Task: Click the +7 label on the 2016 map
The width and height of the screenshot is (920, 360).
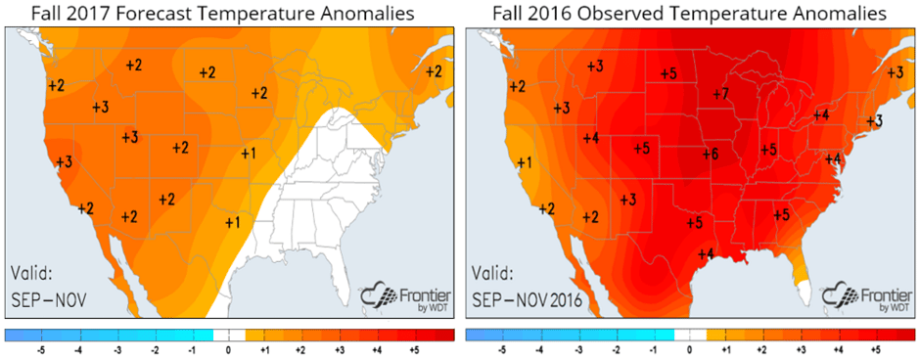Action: point(721,94)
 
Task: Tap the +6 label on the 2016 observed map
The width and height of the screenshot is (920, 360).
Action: point(710,154)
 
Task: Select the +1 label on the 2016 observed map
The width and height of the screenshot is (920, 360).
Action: point(525,162)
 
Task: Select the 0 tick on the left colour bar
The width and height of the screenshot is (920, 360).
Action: point(229,347)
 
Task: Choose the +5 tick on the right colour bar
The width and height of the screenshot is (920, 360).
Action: point(876,347)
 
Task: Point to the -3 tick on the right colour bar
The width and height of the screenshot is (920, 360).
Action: point(578,347)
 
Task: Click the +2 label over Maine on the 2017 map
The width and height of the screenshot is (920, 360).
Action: point(434,71)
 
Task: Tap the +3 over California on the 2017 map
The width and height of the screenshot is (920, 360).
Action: point(64,162)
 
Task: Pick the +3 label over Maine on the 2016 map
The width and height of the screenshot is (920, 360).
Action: point(895,72)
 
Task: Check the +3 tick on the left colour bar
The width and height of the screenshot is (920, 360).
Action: point(341,347)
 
